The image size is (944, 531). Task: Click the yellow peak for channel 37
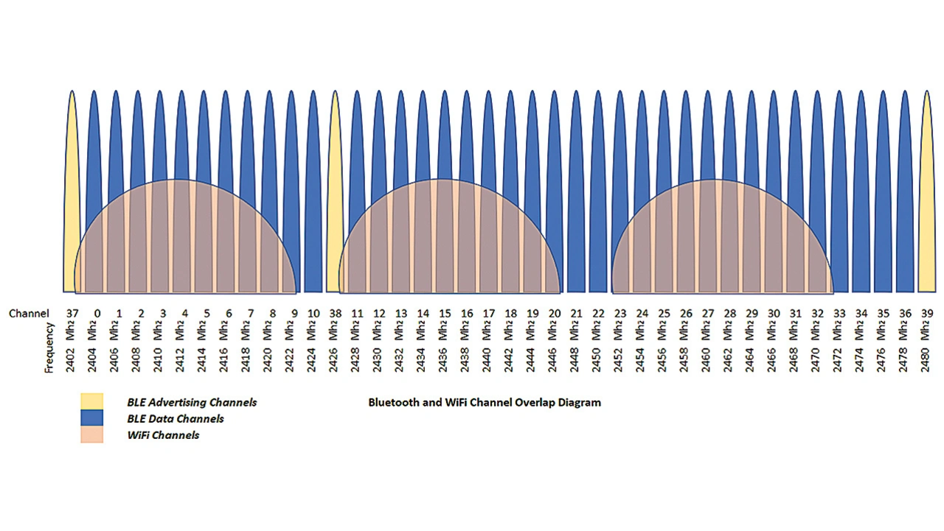pyautogui.click(x=72, y=147)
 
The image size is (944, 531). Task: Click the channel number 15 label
pyautogui.click(x=445, y=313)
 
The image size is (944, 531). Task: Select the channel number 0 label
pyautogui.click(x=97, y=313)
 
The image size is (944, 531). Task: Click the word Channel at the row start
pyautogui.click(x=29, y=314)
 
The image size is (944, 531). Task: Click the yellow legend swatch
pyautogui.click(x=92, y=402)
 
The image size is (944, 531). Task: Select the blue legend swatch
pyautogui.click(x=92, y=418)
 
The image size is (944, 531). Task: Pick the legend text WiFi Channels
pyautogui.click(x=163, y=435)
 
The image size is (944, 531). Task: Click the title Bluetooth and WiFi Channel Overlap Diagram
pyautogui.click(x=485, y=403)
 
